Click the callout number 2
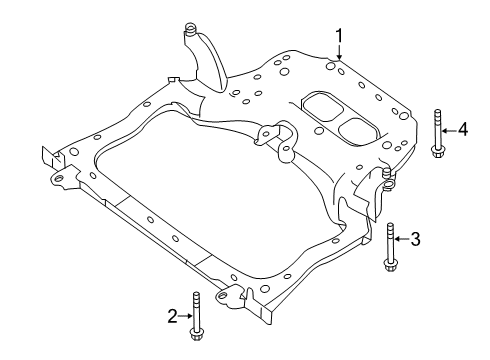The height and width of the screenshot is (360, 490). (173, 316)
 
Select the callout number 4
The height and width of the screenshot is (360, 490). (463, 128)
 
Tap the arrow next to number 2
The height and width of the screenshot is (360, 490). (185, 316)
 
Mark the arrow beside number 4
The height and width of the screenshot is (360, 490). (449, 128)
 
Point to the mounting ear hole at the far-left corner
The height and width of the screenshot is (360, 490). (58, 181)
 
